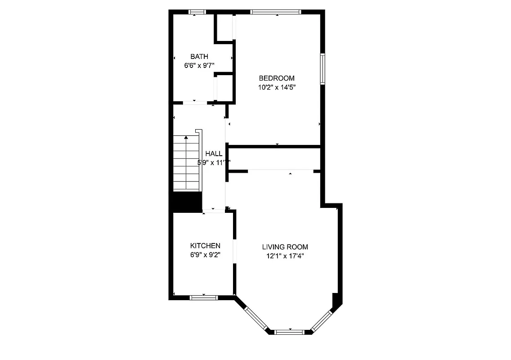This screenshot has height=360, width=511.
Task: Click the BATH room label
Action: pyautogui.click(x=199, y=57)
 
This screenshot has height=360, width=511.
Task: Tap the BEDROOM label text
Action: pyautogui.click(x=276, y=78)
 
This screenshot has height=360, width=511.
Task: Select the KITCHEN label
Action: pyautogui.click(x=205, y=246)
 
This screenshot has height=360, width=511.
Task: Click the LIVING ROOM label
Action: pyautogui.click(x=285, y=247)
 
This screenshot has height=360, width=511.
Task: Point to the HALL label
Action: pyautogui.click(x=214, y=154)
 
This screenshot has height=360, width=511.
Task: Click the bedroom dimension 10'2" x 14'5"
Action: pyautogui.click(x=276, y=88)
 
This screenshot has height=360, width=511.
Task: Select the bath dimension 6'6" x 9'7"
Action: pyautogui.click(x=199, y=66)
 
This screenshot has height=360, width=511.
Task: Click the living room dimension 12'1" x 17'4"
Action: pyautogui.click(x=285, y=256)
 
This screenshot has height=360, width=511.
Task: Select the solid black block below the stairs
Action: pyautogui.click(x=187, y=202)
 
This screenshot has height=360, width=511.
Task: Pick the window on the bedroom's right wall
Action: pyautogui.click(x=323, y=69)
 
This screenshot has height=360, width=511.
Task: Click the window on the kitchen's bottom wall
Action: pyautogui.click(x=203, y=297)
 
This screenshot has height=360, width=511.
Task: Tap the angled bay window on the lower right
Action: pyautogui.click(x=322, y=319)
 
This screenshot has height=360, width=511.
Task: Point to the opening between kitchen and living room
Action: pyautogui.click(x=234, y=250)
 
